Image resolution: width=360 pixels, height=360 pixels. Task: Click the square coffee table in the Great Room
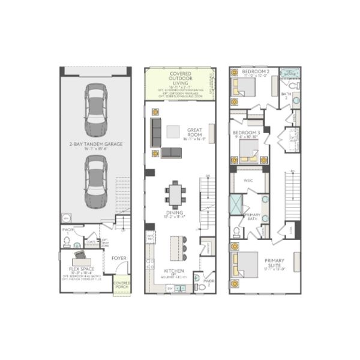[x=173, y=131]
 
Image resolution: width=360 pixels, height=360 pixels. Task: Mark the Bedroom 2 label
[x=254, y=72]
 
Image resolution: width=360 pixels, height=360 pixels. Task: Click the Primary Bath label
[x=252, y=217]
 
